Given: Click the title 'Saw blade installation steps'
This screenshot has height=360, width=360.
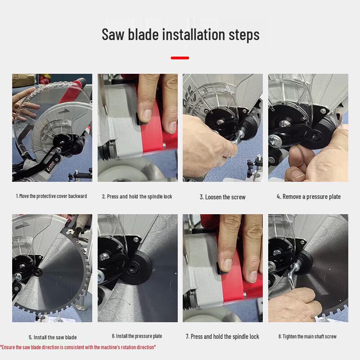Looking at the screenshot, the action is (180, 35).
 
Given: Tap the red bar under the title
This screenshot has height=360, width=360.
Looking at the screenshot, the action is (180, 58).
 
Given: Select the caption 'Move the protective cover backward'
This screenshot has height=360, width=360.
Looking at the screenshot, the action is (53, 196).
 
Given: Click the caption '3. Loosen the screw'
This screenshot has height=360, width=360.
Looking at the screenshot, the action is (222, 197).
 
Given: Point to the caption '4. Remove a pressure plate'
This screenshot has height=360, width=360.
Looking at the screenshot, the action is (309, 197).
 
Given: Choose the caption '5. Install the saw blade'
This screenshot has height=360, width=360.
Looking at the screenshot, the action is (53, 337).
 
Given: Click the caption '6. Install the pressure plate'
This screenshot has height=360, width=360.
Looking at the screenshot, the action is (137, 336).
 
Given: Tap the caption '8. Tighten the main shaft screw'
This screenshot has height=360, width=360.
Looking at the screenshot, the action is (307, 336).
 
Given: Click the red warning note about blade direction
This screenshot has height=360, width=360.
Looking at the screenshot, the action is (78, 347).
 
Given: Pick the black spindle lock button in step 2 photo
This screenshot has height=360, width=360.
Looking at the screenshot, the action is (140, 119).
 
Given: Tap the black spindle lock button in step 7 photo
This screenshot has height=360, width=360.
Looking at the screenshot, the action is (221, 268).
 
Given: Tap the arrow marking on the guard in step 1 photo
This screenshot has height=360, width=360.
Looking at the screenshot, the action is (63, 111).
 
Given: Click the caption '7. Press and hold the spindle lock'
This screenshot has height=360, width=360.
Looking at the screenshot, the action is (222, 337).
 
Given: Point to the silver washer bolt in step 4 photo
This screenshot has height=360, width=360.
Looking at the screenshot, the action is (275, 140).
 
